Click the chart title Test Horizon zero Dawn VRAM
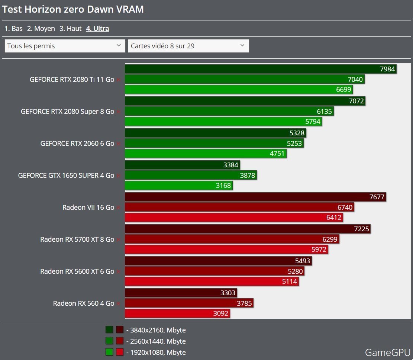pos(73,9)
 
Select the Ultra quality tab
pos(97,28)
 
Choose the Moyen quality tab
pos(41,28)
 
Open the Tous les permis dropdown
pos(65,46)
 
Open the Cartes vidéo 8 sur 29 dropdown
pos(188,46)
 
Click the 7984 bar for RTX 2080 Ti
pos(260,69)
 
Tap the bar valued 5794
pos(223,122)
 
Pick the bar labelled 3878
pos(190,175)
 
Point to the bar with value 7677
pos(255,197)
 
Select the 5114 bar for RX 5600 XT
pos(212,282)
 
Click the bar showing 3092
pos(177,314)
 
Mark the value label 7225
pos(361,229)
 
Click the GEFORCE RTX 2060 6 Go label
pos(77,143)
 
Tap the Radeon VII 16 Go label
pos(88,207)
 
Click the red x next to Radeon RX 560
pos(118,303)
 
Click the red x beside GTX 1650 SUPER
pos(118,176)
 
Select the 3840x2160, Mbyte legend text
pos(156,330)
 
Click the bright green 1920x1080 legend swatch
pos(109,352)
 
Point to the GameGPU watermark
pos(387,352)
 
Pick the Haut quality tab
pos(70,28)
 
